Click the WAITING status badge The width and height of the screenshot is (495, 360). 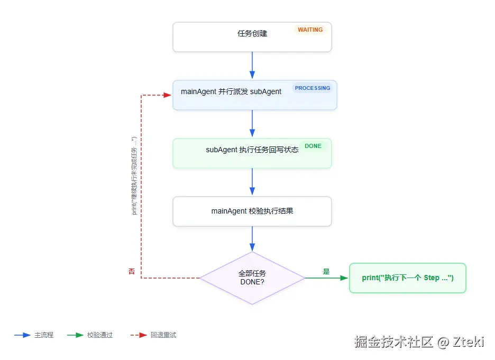point(310,30)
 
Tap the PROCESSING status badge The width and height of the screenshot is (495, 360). point(313,88)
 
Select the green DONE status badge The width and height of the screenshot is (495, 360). point(313,146)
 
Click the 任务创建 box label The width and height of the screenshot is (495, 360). point(252,33)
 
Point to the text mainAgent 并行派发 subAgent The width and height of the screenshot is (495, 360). point(231,91)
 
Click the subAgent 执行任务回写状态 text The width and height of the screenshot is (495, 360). point(252,150)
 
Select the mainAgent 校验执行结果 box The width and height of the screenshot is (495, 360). point(252,211)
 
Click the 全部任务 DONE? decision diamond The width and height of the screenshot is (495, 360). point(252,278)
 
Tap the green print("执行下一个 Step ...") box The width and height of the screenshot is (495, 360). point(408,278)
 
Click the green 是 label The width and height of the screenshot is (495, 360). point(326,271)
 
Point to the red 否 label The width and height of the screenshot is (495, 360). point(132,271)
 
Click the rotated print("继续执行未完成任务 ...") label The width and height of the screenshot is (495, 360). point(134,176)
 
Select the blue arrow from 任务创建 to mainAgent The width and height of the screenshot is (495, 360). point(252,66)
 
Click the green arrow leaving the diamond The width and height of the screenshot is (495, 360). point(326,278)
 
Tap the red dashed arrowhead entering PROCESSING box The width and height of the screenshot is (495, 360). point(168,95)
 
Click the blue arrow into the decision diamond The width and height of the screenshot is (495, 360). point(252,239)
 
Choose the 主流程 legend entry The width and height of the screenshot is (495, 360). point(34,335)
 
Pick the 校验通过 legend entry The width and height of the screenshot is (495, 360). point(90,335)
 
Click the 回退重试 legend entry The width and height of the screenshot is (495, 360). point(153,335)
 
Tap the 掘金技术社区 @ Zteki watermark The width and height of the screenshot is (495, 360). point(419,342)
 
